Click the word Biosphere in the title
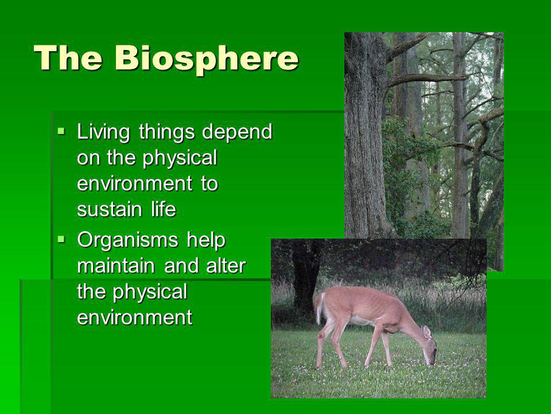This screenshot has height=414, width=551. [x=207, y=59]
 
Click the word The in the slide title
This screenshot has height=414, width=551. [x=68, y=57]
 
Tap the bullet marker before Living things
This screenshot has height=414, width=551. [x=61, y=132]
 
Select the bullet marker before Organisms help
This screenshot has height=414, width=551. [x=61, y=240]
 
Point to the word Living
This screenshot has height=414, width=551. [x=103, y=132]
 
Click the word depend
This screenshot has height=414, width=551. [x=237, y=132]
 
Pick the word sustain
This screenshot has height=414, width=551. [x=109, y=210]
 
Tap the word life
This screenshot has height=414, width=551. [x=164, y=209]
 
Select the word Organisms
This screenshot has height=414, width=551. [x=127, y=240]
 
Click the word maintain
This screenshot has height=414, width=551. [x=116, y=266]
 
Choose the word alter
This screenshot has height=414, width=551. [x=226, y=266]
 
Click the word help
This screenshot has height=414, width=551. [x=206, y=240]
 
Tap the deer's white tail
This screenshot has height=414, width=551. [x=320, y=308]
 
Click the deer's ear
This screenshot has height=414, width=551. [x=426, y=332]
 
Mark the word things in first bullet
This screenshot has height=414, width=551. [x=167, y=132]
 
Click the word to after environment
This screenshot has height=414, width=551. [x=210, y=184]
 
